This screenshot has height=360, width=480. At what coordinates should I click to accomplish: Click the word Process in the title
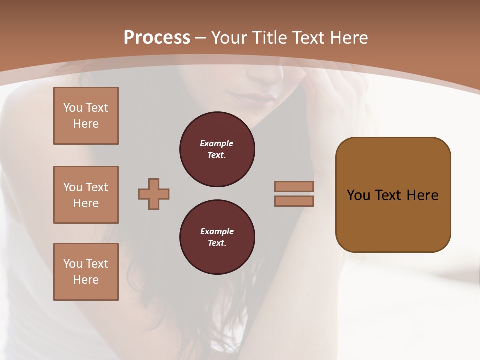[x=157, y=38]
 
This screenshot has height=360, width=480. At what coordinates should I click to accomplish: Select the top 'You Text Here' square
[x=86, y=116]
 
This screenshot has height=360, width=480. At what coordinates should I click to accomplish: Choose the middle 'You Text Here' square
[x=86, y=195]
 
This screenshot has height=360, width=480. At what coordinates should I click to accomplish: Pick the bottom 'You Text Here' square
[x=86, y=272]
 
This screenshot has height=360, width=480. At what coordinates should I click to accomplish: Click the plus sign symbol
[x=154, y=194]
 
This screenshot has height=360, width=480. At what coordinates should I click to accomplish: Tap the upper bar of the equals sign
[x=294, y=186]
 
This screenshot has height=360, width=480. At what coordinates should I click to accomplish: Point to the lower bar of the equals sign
[x=294, y=201]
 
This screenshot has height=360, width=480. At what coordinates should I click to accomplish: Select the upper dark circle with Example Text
[x=217, y=149]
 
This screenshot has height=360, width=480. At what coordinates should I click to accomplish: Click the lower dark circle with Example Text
[x=217, y=237]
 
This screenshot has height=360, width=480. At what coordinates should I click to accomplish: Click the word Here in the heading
[x=348, y=38]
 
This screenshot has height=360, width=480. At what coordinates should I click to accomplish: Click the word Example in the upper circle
[x=217, y=143]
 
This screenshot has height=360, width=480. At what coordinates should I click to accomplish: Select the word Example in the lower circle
[x=217, y=231]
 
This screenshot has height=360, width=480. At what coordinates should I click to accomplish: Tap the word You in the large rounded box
[x=358, y=195]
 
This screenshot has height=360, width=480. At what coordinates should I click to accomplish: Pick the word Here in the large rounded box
[x=422, y=195]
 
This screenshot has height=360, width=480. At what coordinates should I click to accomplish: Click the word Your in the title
[x=229, y=38]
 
